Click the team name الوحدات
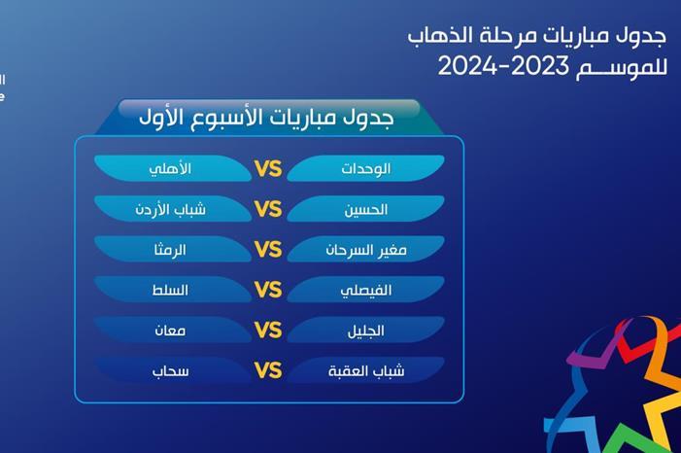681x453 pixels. pos(365,168)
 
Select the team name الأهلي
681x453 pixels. pos(170,168)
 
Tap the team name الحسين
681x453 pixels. pos(366,209)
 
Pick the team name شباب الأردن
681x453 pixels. pos(170,209)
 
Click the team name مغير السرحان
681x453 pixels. pos(365,250)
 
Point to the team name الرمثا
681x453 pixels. pos(170,250)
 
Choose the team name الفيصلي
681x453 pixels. pos(365,290)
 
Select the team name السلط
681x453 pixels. pos(172,290)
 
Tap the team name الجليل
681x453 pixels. pos(365,331)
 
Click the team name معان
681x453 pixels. pos(170,331)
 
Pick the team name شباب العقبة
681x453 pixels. pos(365,370)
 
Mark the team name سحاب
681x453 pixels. pos(170,370)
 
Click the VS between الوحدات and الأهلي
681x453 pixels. pos(267,169)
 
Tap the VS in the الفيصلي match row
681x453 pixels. pos(267,290)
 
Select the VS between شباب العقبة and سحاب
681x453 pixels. pos(267,370)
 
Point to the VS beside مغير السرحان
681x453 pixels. pos(267,250)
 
